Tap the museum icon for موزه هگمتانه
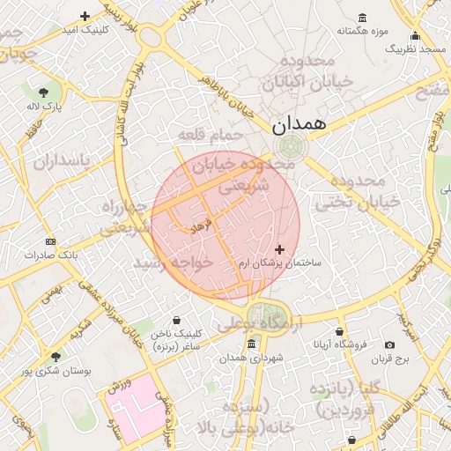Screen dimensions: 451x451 tap(363, 18)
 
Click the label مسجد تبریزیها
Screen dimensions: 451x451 tap(415, 50)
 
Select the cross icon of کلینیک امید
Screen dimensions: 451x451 tap(85, 16)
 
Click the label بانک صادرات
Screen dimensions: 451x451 tap(51, 255)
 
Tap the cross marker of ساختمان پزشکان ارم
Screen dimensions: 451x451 tap(280, 250)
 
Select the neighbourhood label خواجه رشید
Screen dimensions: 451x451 tap(174, 262)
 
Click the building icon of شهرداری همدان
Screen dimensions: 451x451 tap(252, 344)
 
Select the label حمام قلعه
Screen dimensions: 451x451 tap(210, 135)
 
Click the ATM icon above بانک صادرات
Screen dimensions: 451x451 tap(49, 241)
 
